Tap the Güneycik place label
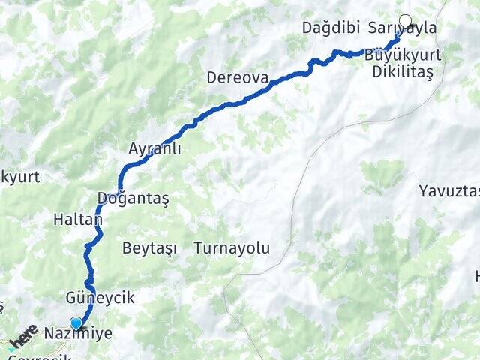point(100,298)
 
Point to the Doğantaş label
point(133,198)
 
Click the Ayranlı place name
point(155,148)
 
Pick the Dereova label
point(237,77)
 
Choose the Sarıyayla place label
point(403,28)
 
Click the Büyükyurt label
point(403,55)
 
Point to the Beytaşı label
point(147,247)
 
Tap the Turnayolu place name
point(232,247)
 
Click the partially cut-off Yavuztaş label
point(449,190)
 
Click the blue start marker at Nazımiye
point(76,323)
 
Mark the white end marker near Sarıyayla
point(406,22)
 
